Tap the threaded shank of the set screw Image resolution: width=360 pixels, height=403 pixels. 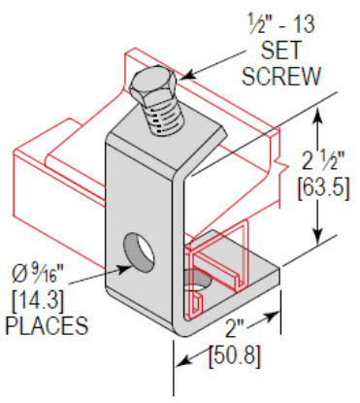pyautogui.click(x=160, y=119)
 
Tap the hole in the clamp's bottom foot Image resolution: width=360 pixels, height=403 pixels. pyautogui.click(x=200, y=285)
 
